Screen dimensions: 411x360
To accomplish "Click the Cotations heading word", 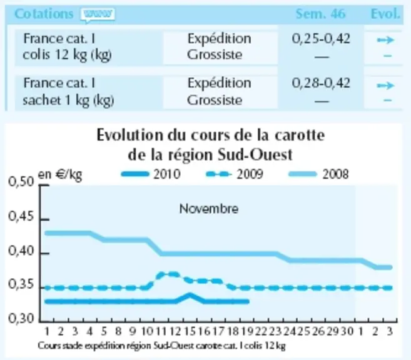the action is tap(44, 14).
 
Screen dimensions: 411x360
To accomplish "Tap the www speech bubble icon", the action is tap(98, 14).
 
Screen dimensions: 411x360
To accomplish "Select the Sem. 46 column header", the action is tap(320, 14).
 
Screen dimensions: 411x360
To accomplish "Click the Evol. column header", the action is tap(385, 14).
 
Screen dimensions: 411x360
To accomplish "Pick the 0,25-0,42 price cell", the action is tap(321, 39).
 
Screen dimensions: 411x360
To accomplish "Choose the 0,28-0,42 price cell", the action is tap(321, 83).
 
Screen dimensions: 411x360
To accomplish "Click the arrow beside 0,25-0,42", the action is tap(385, 40).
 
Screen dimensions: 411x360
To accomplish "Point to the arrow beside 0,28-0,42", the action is tap(385, 86).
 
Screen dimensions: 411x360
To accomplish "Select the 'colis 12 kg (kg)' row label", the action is tap(67, 55).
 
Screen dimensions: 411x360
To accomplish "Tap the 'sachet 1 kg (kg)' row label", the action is tap(68, 101).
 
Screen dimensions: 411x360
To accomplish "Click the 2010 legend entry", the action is tap(151, 174).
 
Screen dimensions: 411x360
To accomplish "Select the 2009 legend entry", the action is tap(235, 174).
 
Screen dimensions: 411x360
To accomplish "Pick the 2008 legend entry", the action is tap(318, 174).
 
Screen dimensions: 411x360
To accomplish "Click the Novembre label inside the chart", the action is tap(209, 209).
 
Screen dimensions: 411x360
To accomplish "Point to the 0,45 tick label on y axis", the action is tap(21, 217).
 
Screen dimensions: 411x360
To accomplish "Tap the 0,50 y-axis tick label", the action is tap(21, 182).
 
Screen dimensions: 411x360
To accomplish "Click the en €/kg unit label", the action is tap(60, 174).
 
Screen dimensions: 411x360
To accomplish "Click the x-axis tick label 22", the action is tap(261, 331).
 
